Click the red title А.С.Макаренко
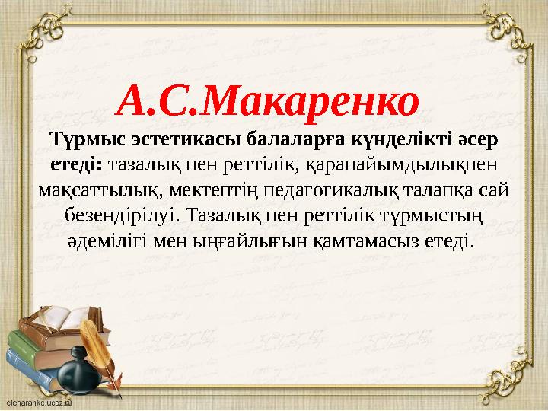pos(270,99)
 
